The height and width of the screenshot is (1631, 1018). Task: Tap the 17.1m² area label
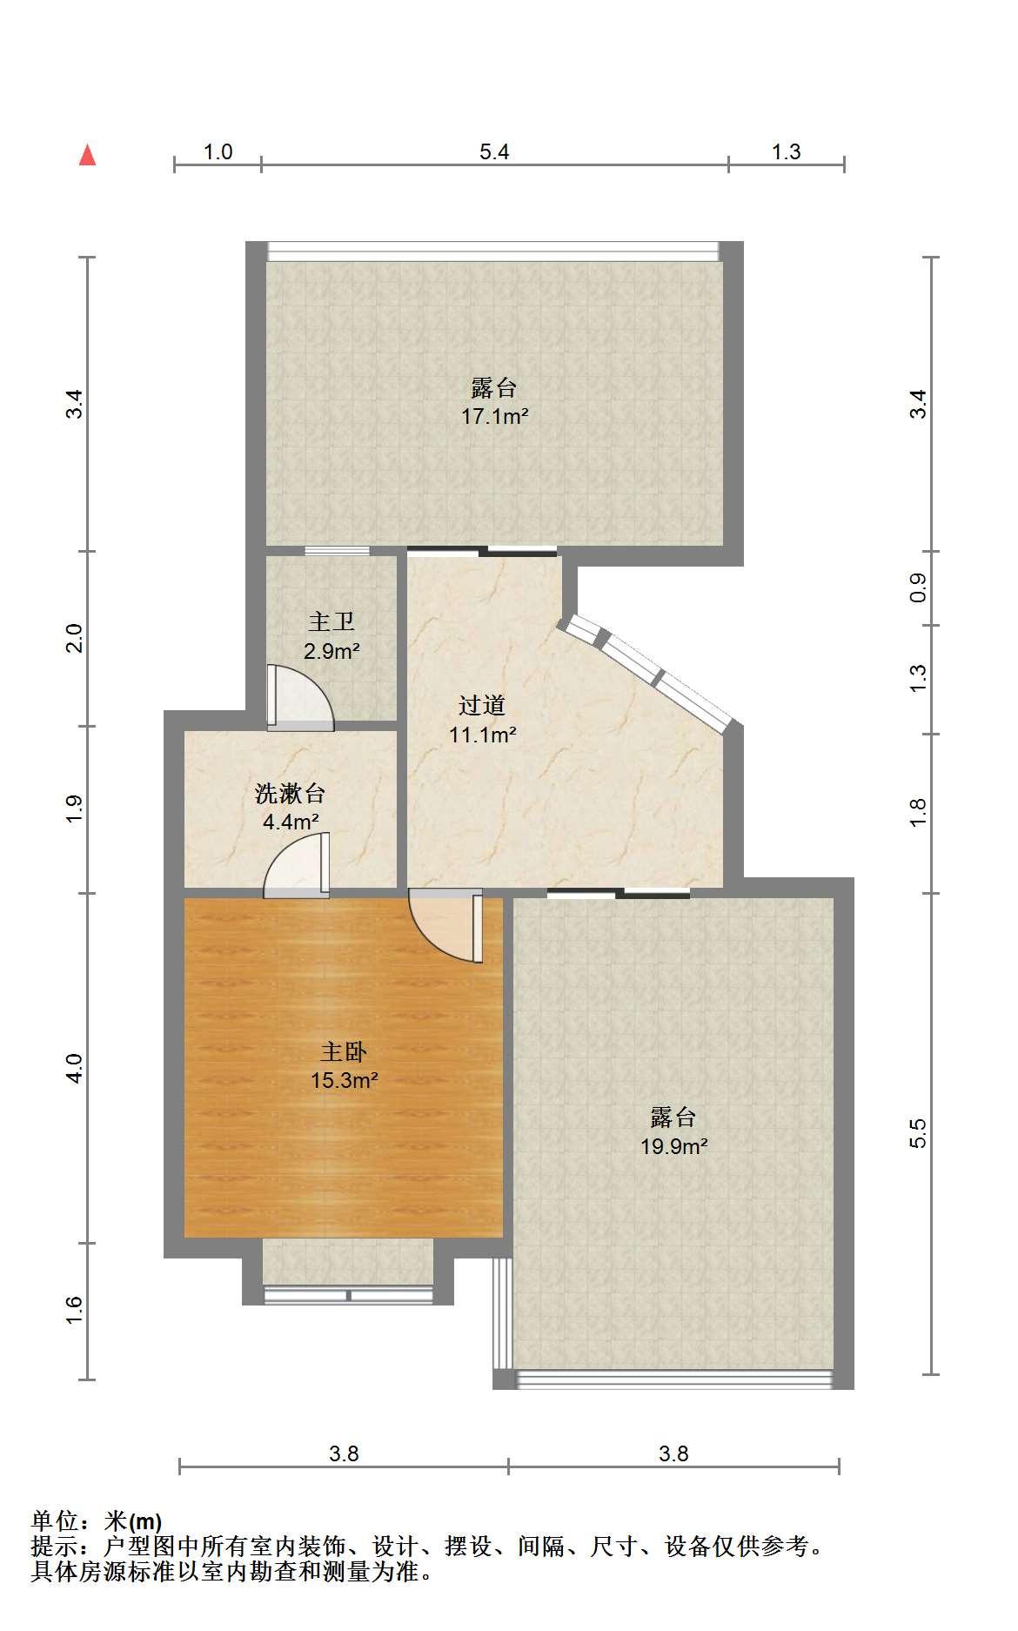[495, 416]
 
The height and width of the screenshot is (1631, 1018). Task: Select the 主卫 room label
[332, 621]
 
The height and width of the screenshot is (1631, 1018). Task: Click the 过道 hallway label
[482, 705]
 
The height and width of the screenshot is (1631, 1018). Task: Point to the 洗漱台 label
[291, 793]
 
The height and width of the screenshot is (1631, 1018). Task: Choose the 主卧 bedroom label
[344, 1052]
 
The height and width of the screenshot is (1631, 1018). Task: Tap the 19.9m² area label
[674, 1146]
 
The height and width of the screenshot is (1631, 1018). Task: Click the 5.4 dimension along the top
[494, 151]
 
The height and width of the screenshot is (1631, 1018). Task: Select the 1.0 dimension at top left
[218, 151]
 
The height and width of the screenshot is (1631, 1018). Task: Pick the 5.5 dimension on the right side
[918, 1133]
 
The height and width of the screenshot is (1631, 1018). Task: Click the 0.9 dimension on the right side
[918, 588]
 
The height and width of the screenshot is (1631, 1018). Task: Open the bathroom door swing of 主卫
[300, 697]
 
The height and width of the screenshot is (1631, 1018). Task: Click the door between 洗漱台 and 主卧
[298, 866]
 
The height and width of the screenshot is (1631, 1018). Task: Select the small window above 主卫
[337, 551]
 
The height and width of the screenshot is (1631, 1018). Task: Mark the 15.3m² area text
[345, 1081]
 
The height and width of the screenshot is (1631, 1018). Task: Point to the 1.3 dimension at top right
[786, 151]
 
